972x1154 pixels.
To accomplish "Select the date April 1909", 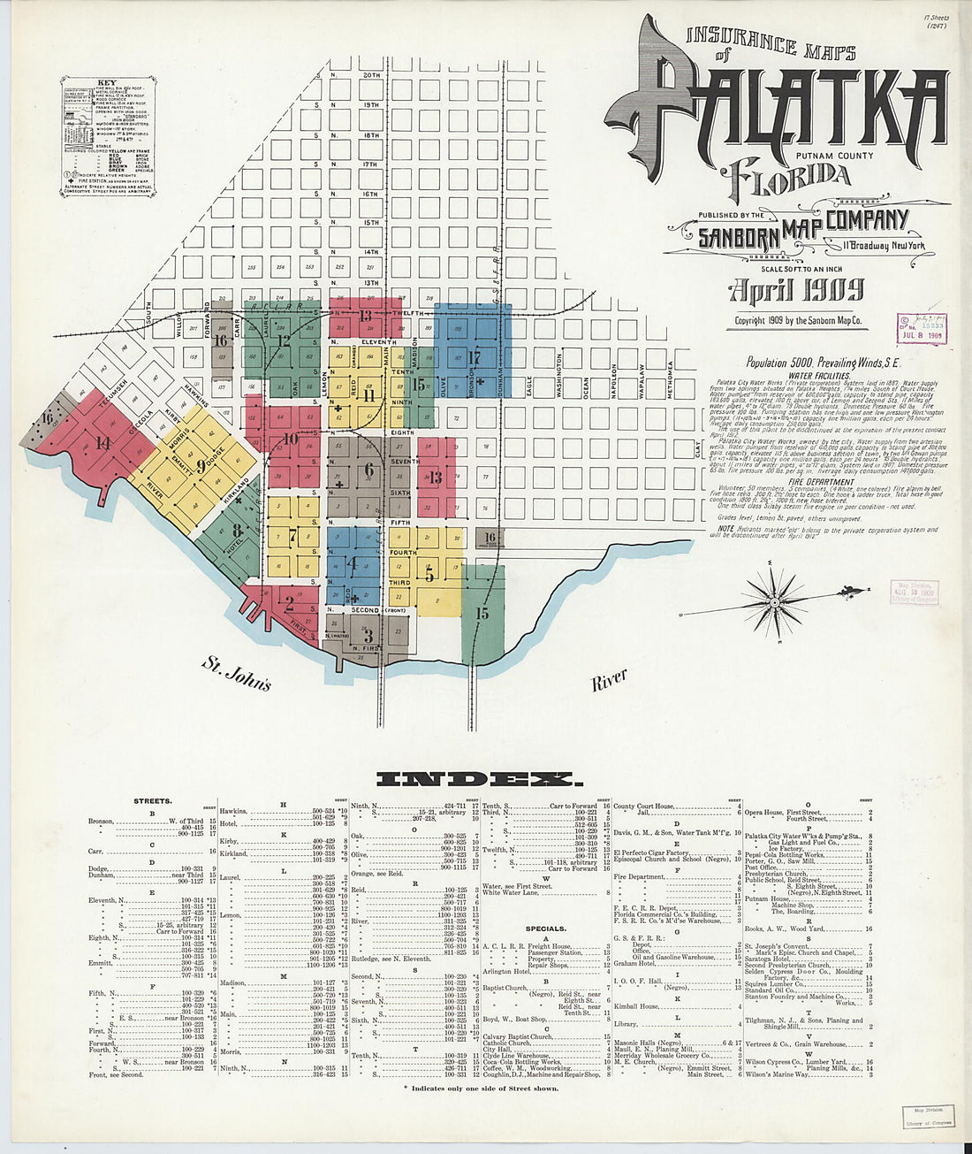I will pos(796,289).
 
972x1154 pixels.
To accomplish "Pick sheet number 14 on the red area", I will pos(103,443).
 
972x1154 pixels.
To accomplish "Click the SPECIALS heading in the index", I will pos(545,929).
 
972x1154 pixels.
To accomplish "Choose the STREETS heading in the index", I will pos(152,801).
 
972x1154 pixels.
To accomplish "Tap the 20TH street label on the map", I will pos(371,76).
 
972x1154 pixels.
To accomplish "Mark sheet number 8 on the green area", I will pos(237,531).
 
